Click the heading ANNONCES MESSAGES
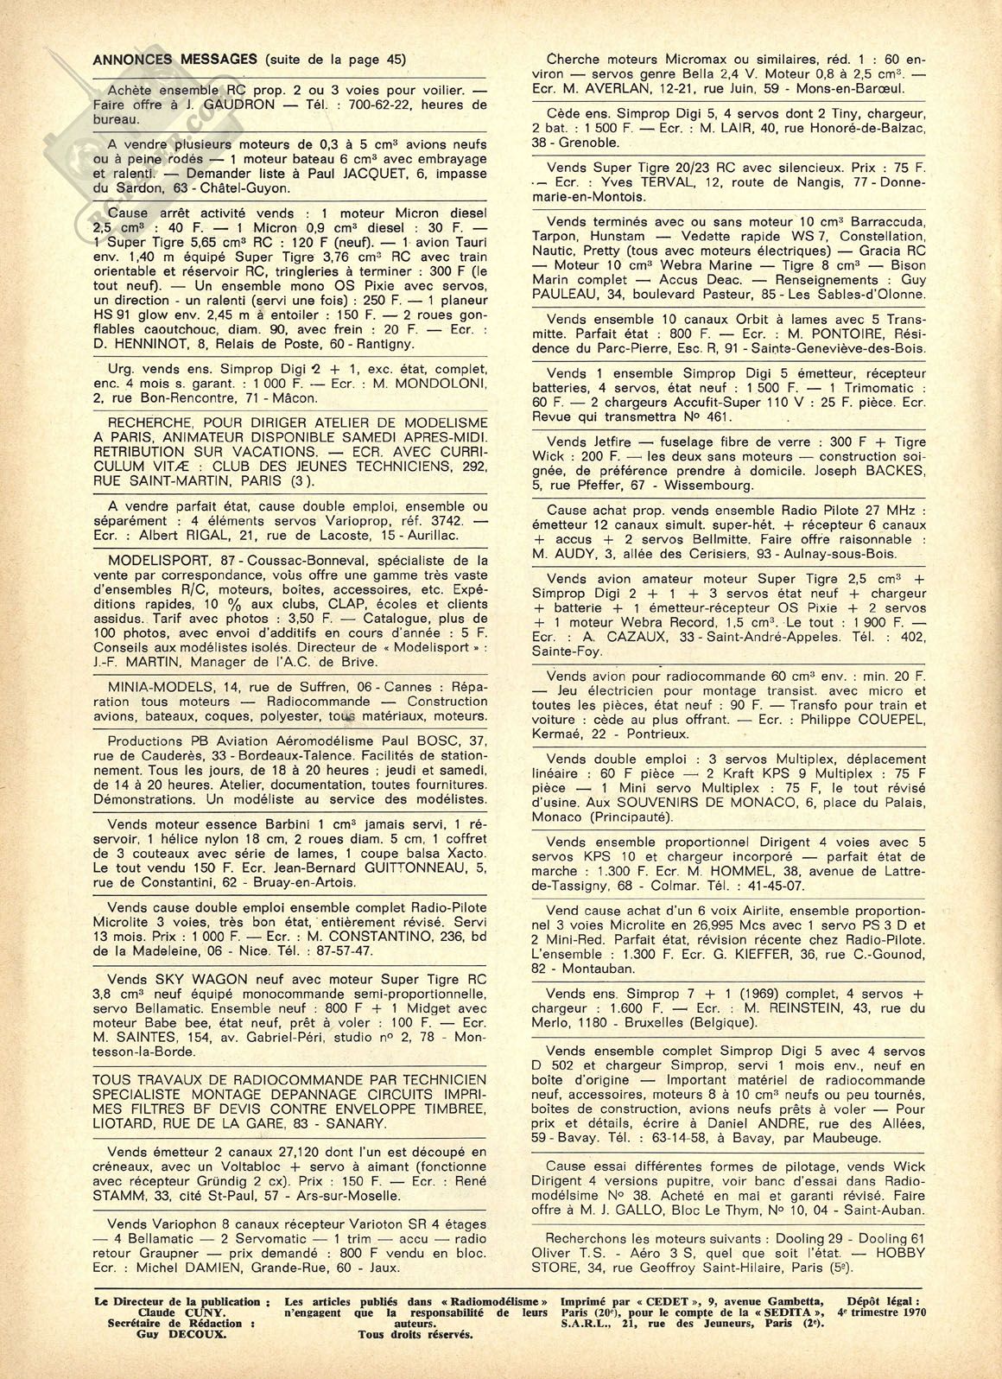pyautogui.click(x=173, y=60)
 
